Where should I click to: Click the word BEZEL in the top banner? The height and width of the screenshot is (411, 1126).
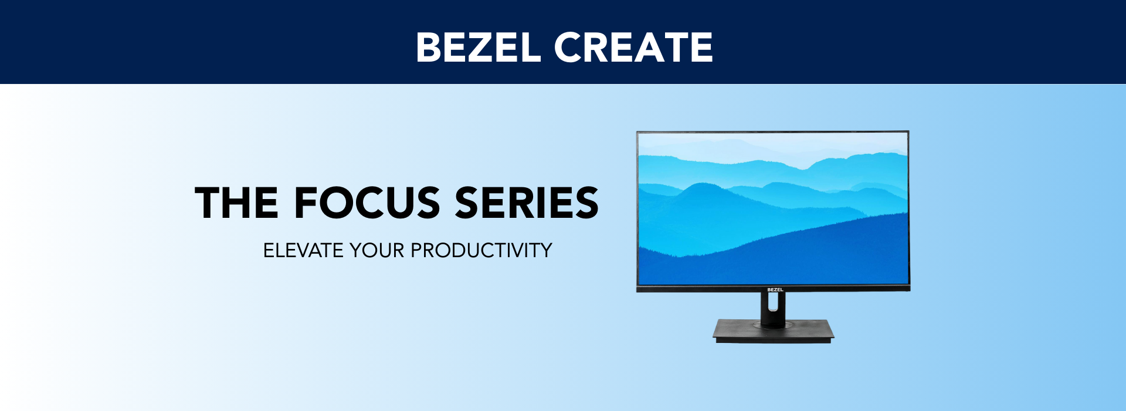click(478, 47)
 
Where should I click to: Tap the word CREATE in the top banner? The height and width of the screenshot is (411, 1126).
click(633, 47)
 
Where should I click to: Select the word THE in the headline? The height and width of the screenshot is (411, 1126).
click(237, 203)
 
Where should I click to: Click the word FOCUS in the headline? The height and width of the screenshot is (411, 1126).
click(367, 203)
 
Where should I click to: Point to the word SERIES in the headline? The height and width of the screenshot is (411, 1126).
click(527, 203)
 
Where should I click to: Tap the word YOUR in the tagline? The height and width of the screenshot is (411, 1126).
click(377, 251)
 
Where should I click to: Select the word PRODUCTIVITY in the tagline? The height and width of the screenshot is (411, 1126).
click(481, 251)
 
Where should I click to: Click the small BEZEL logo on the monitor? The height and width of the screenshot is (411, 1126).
click(775, 289)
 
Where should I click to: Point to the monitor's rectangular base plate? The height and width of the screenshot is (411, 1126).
click(774, 331)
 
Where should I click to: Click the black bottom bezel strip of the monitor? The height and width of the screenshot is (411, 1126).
click(773, 289)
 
